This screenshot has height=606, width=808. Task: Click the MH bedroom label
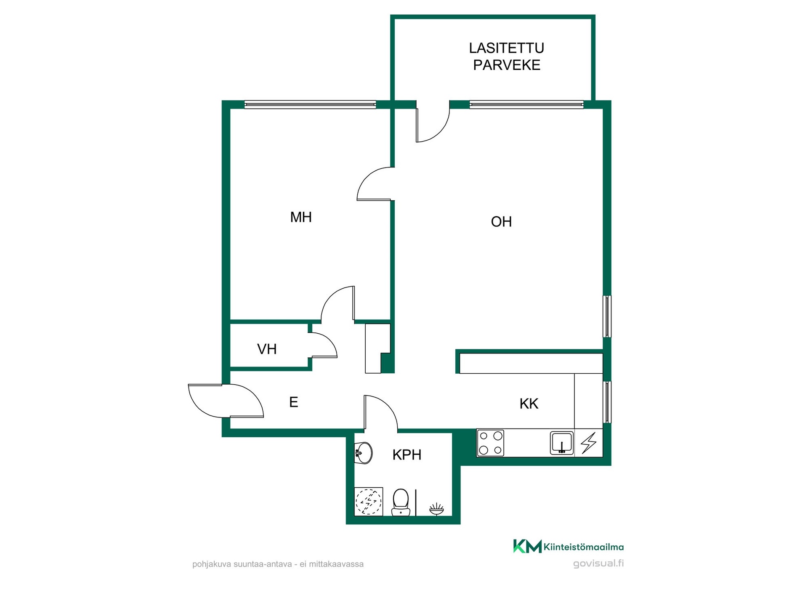coord(301,217)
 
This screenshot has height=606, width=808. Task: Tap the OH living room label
coord(501,222)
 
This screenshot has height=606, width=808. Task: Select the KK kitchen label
coord(529,404)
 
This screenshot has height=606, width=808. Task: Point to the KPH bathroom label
coord(407,455)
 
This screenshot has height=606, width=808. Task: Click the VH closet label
coord(267,349)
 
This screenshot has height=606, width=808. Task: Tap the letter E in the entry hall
coord(294,402)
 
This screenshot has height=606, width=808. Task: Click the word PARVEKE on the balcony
coord(507,65)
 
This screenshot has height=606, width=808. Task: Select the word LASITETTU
coord(507,48)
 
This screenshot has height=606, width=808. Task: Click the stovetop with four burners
coord(491,443)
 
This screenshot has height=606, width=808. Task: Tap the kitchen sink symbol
coord(562,443)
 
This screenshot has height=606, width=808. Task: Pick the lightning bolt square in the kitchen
coord(589,443)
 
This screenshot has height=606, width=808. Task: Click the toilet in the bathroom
coord(401,502)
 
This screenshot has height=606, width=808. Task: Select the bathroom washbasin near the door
coord(364,453)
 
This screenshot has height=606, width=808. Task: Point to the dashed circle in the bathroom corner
coord(369,502)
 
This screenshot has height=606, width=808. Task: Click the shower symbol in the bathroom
coord(436,509)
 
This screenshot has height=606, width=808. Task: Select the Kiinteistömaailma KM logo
coord(569,547)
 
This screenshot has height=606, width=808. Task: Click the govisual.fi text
coord(598,564)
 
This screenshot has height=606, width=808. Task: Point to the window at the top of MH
coord(310,105)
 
